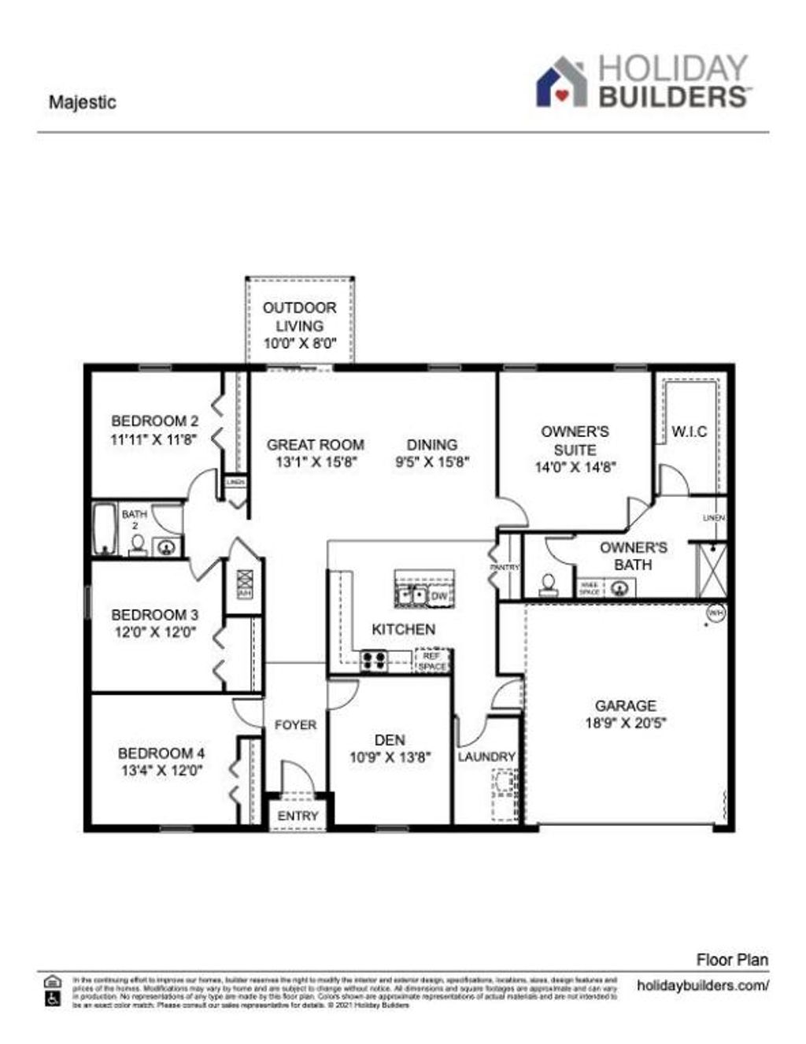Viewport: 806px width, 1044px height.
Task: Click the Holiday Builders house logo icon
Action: point(562,82)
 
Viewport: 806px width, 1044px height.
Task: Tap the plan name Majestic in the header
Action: point(82,102)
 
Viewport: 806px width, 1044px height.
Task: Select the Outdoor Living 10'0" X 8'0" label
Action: point(299,325)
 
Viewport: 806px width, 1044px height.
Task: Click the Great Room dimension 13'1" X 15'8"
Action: point(316,463)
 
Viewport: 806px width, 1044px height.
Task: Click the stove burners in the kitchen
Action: point(373,661)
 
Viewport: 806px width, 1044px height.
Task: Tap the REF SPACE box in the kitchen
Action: point(431,661)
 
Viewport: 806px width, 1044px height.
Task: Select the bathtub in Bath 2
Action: point(104,528)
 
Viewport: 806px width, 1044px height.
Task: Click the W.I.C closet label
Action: point(689,431)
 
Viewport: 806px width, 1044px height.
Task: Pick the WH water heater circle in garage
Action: point(715,613)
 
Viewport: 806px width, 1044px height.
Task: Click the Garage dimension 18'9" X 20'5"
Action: point(626,724)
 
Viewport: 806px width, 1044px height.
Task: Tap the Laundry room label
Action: point(486,757)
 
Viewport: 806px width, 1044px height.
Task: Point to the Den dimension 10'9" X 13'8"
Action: point(390,758)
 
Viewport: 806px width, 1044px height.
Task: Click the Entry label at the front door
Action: point(298,816)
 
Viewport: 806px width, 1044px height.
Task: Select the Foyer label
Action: point(295,725)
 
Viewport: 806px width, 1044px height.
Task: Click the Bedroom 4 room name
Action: point(161,753)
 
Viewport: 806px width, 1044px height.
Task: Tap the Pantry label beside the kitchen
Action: point(503,567)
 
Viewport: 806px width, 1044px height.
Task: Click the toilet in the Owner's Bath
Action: point(548,583)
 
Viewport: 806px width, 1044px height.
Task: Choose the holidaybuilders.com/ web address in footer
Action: point(702,985)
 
